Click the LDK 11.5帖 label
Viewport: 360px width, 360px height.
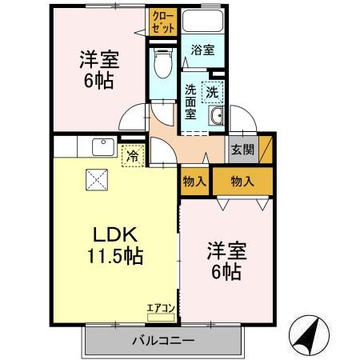point(115,246)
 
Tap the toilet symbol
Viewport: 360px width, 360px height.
point(162,62)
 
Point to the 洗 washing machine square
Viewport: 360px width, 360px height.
point(212,92)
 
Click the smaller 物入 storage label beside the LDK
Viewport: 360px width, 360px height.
point(194,181)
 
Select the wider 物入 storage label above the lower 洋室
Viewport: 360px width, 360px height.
point(241,181)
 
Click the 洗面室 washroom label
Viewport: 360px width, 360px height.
point(191,102)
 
